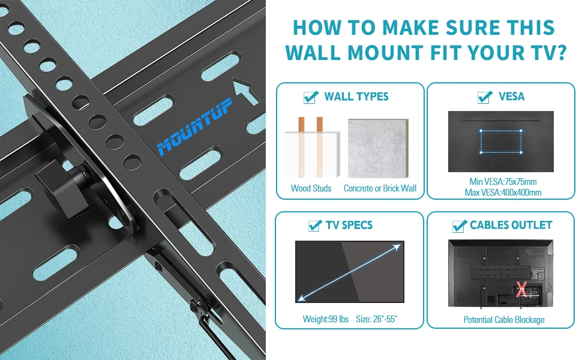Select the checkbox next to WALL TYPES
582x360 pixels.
point(311,97)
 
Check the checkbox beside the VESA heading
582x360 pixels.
point(485,97)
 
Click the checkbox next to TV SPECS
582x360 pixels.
point(314,226)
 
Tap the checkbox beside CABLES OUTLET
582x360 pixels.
point(460,226)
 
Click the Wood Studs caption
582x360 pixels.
point(311,188)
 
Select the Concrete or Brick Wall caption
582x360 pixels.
point(380,188)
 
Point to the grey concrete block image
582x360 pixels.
point(378,148)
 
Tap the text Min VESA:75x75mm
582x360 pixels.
point(503,181)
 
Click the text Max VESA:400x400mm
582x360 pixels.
point(503,193)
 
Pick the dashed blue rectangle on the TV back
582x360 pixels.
point(501,141)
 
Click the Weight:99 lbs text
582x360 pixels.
point(325,319)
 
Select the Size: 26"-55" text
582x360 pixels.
point(376,319)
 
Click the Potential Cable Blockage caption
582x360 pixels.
point(503,319)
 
